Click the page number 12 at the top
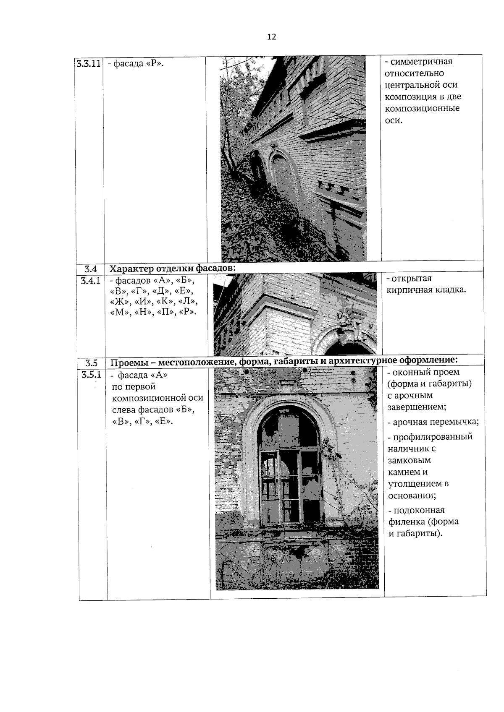[x=271, y=37]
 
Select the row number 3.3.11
[x=89, y=64]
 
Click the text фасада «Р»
[x=135, y=64]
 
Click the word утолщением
[x=414, y=483]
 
